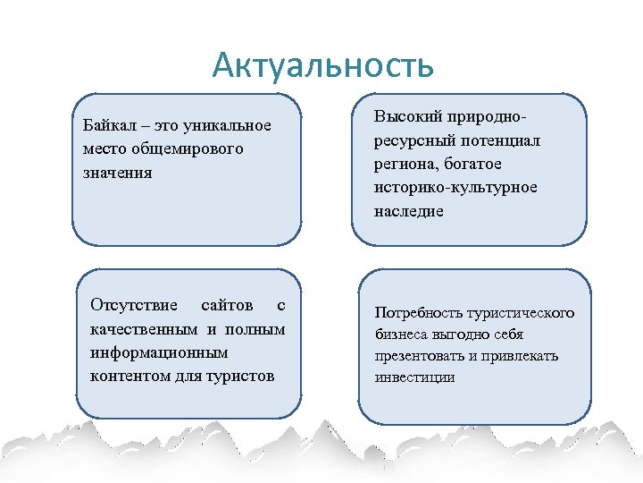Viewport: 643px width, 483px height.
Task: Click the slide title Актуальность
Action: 323,65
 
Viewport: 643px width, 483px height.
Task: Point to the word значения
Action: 116,172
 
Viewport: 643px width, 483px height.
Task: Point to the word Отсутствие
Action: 134,305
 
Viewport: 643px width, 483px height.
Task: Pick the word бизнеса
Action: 403,335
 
